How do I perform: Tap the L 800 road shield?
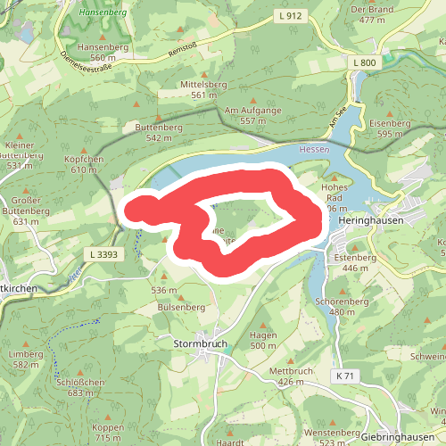(364, 63)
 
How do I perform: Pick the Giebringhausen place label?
(402, 412)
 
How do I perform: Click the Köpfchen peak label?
(84, 159)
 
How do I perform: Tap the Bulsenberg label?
(174, 306)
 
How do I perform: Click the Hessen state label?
(314, 149)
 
